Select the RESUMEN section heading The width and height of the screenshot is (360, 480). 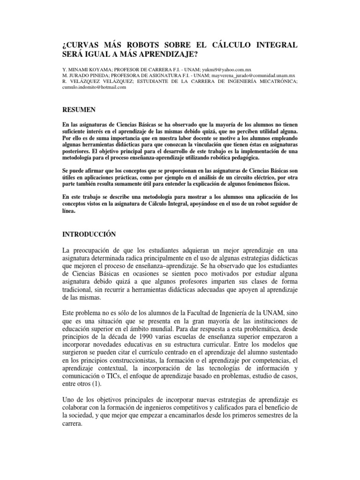(79, 110)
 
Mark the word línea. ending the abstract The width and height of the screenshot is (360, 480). (68, 211)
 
